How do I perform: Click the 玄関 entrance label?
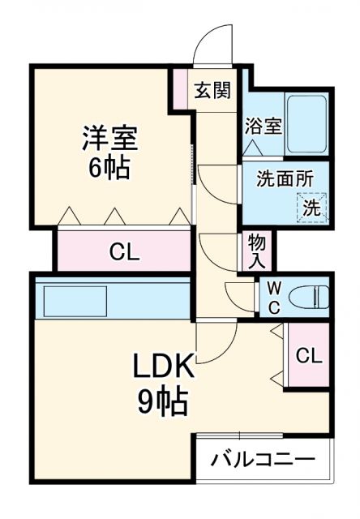(x=212, y=90)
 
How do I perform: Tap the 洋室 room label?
(x=110, y=137)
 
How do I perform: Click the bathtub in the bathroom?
(x=306, y=124)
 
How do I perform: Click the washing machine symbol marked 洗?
(x=311, y=206)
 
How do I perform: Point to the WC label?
(x=274, y=297)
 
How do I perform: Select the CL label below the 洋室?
(x=124, y=251)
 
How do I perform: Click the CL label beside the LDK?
(x=308, y=355)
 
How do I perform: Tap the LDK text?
(x=164, y=368)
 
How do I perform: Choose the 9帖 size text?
(x=163, y=401)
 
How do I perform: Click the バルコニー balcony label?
(x=264, y=461)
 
